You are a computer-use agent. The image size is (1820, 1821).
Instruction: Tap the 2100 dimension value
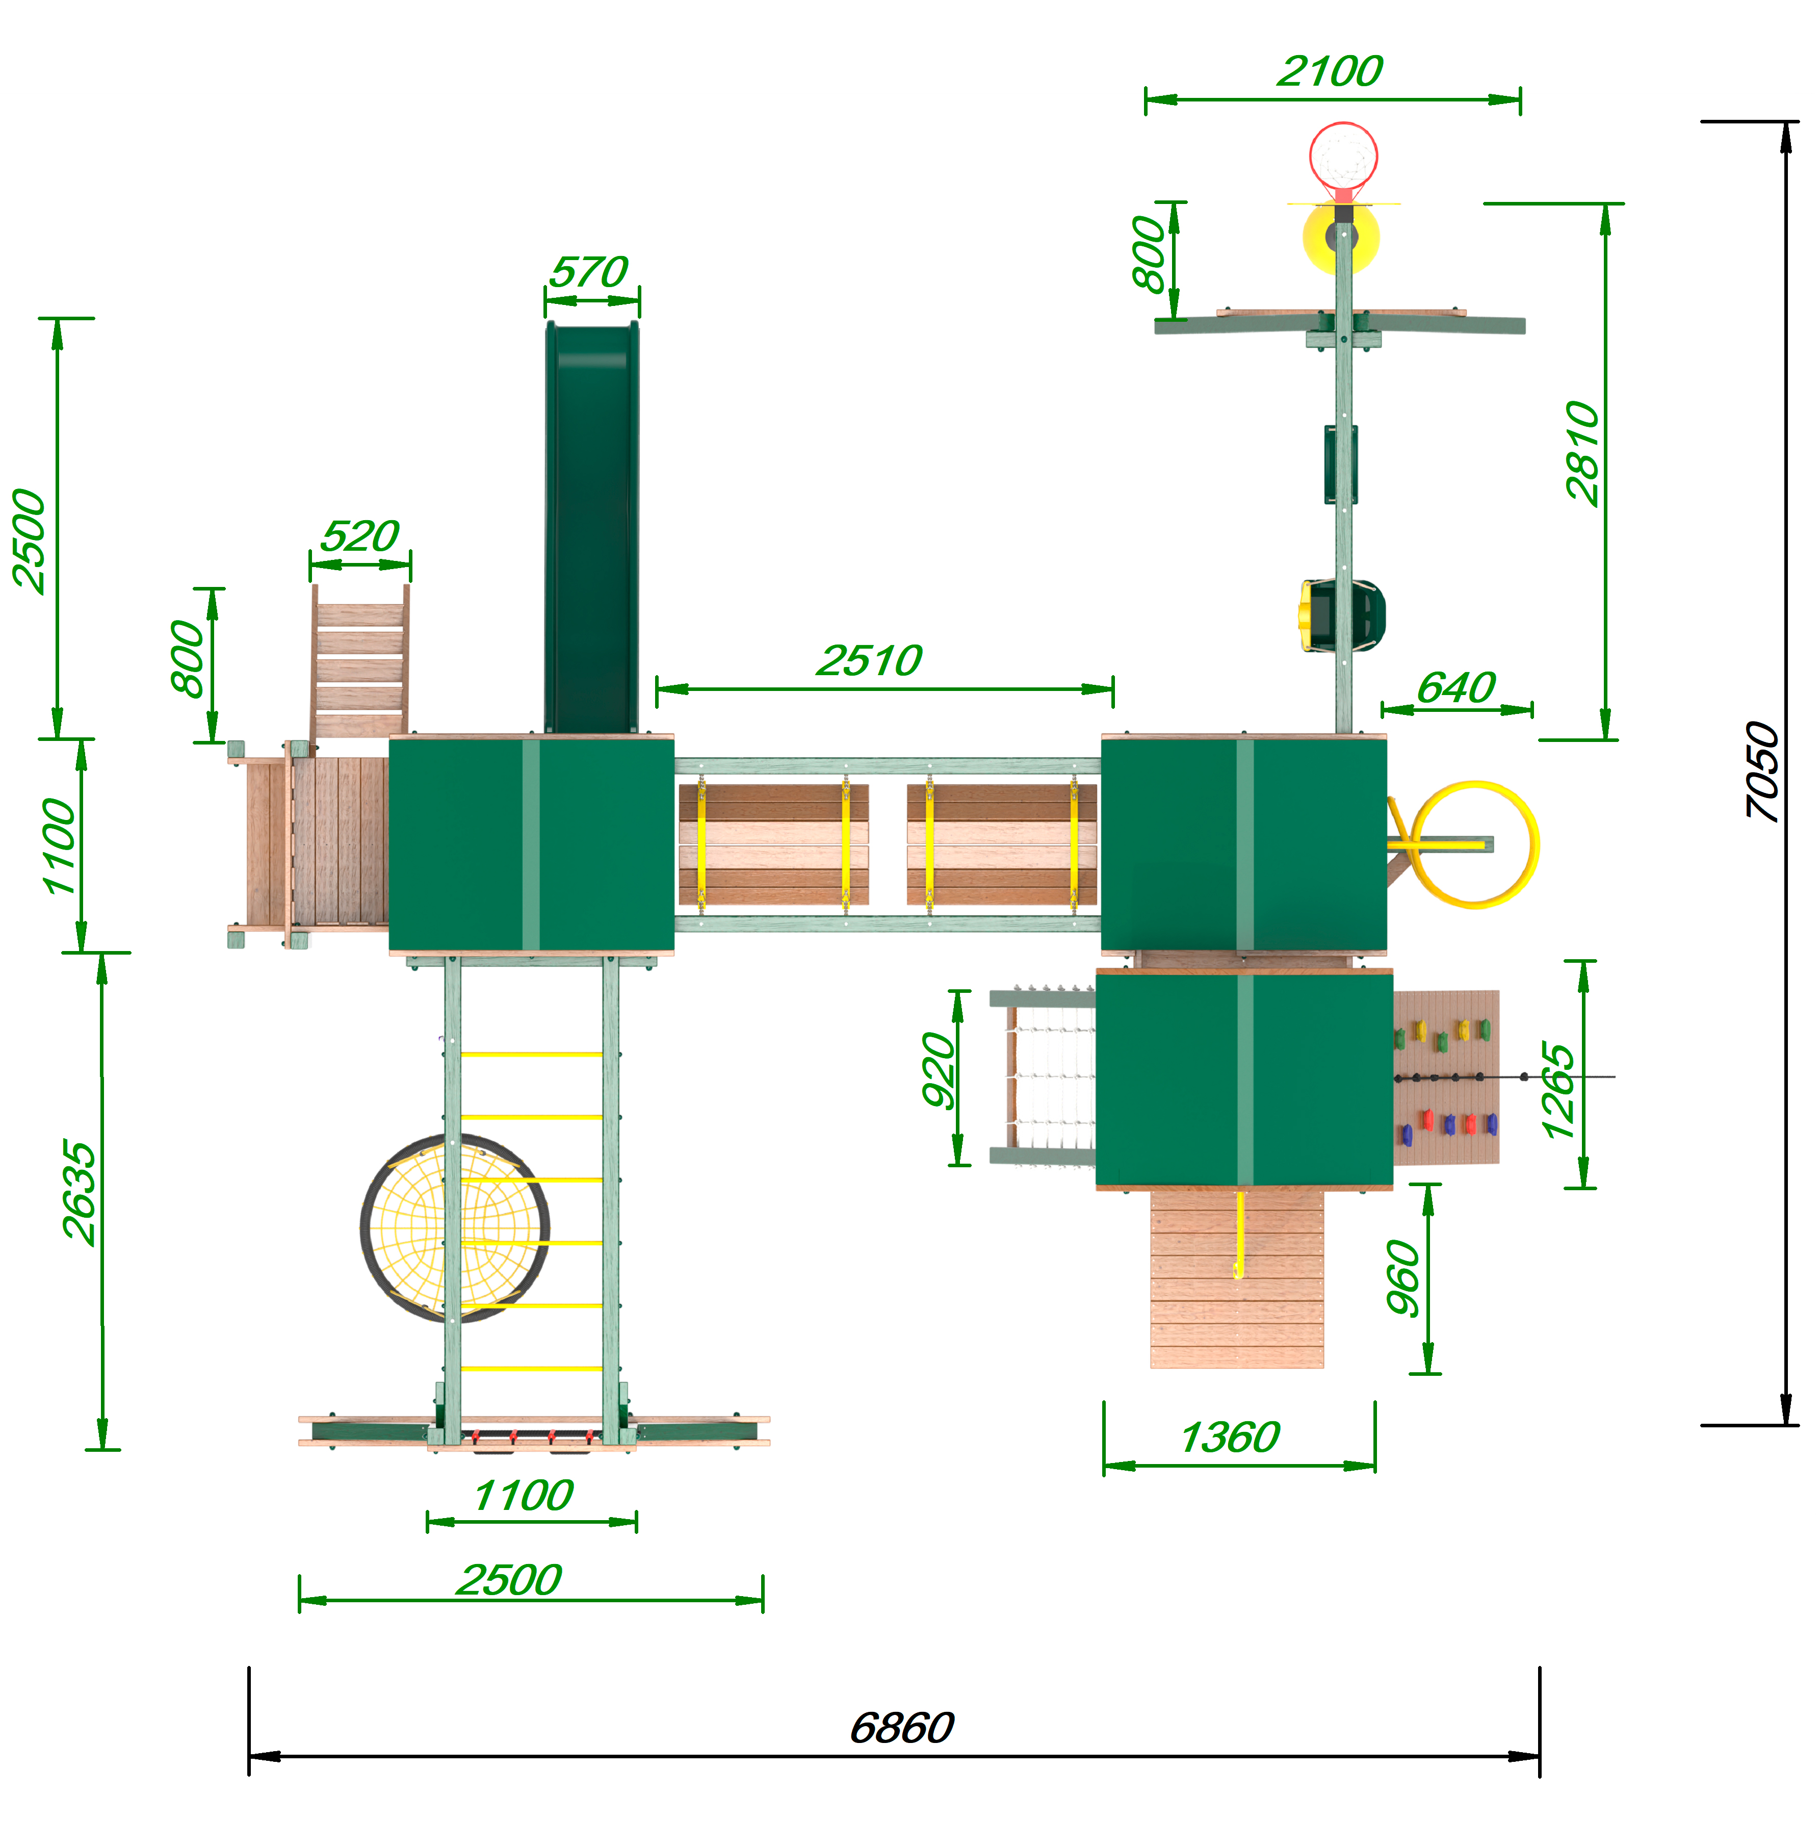coord(1330,71)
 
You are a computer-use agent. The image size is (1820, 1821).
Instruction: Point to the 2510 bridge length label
coord(869,661)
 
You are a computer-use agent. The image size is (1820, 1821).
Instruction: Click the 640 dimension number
coord(1456,688)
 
